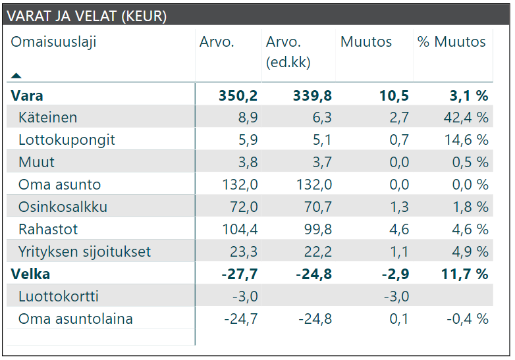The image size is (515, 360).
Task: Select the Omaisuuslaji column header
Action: pos(53,42)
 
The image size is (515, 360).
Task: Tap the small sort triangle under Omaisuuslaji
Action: pos(16,76)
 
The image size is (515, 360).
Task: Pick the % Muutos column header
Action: pos(451,42)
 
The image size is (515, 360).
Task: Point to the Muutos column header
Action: pos(366,42)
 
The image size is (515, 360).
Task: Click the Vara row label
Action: pos(27,95)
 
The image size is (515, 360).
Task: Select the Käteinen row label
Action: pos(47,118)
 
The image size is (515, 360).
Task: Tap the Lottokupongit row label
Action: pos(67,140)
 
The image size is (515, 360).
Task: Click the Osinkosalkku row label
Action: pos(63,207)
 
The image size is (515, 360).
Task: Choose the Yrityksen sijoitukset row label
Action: pos(84,252)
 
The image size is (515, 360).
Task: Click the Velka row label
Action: pos(30,274)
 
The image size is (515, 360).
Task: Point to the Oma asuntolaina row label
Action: pos(75,319)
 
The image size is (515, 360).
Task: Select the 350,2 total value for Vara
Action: pos(238,95)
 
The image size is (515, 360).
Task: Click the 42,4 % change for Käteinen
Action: pos(464,118)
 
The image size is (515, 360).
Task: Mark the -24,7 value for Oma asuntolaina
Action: pos(240,319)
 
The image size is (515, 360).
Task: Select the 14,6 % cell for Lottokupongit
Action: pos(464,140)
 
